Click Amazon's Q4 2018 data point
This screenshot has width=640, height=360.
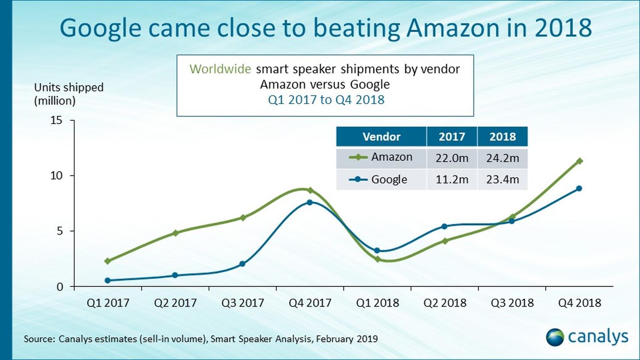tap(579, 161)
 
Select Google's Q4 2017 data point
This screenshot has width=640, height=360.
tap(310, 202)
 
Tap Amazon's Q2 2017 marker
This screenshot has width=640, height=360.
tap(175, 233)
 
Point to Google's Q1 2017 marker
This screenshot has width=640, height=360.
tap(108, 280)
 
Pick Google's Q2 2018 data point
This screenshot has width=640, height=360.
tap(445, 226)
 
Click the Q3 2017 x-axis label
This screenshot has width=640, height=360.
tap(243, 303)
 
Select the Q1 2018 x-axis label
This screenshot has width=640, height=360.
tap(378, 303)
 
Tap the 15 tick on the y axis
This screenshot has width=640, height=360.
tap(56, 120)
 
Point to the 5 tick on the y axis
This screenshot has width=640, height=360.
tap(59, 231)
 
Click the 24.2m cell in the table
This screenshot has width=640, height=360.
tap(503, 158)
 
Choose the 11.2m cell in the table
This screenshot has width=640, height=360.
tap(452, 180)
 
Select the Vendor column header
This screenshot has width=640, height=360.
tap(381, 136)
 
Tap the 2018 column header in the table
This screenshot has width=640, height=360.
tap(503, 136)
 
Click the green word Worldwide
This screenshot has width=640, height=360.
tap(220, 69)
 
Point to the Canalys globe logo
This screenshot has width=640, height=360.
tap(555, 337)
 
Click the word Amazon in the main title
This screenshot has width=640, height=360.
tap(452, 28)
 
